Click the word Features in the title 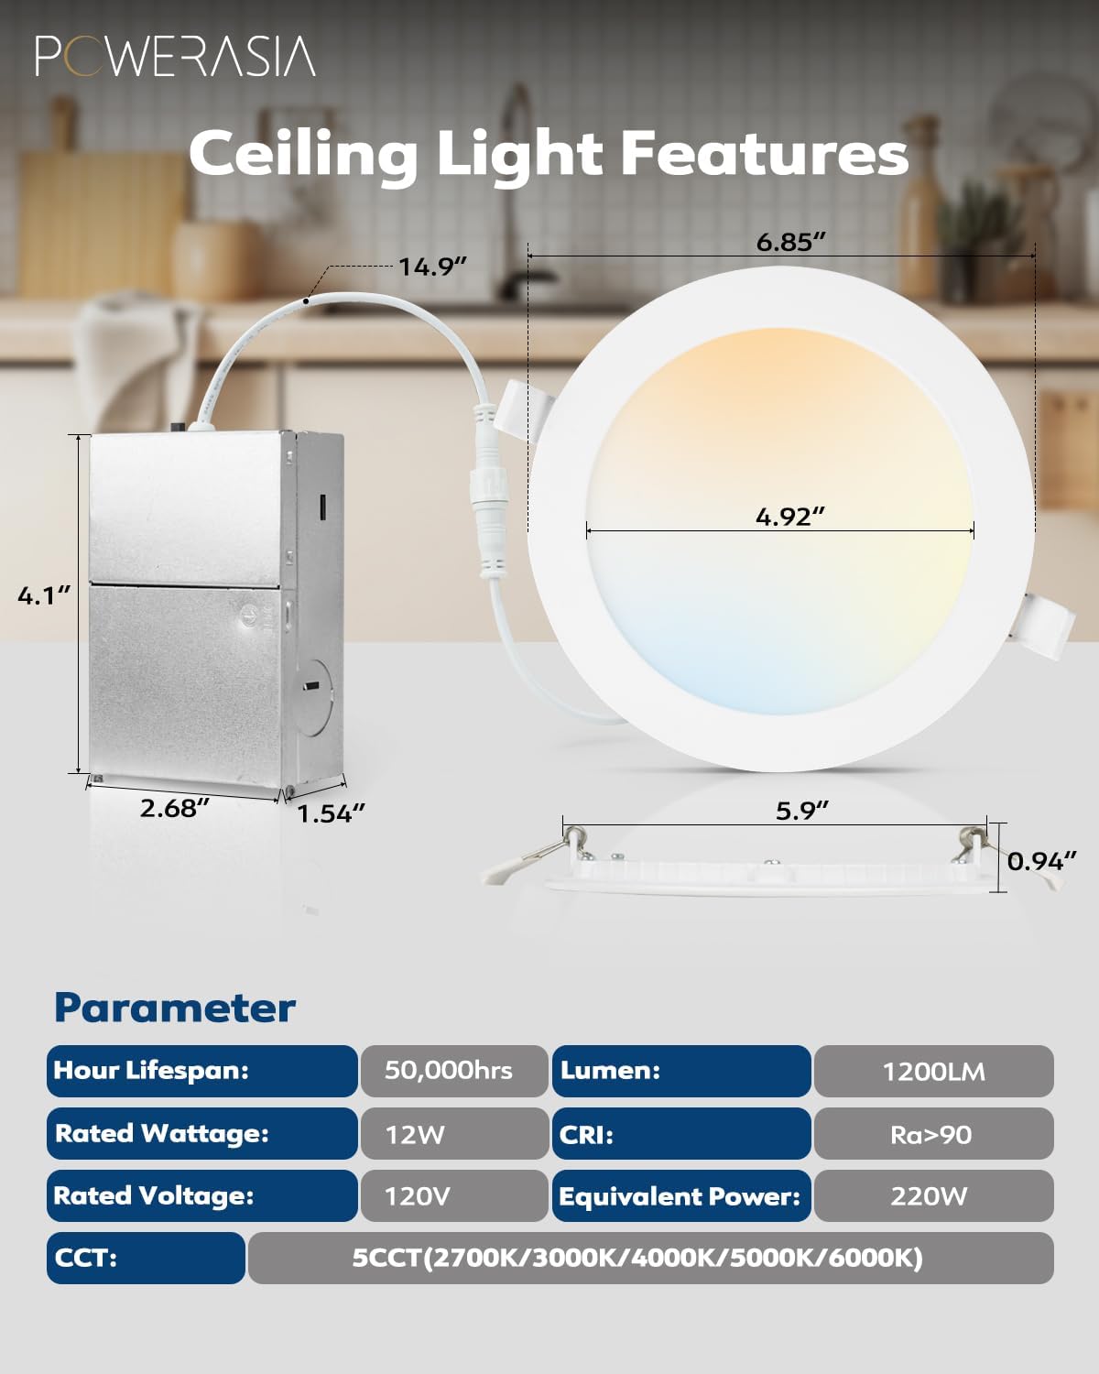[x=765, y=153]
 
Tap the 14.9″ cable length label [x=432, y=267]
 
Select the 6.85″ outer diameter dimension [x=790, y=242]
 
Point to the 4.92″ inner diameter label [x=789, y=517]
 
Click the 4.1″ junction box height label [x=44, y=595]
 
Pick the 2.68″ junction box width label [x=174, y=808]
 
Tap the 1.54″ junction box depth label [x=331, y=813]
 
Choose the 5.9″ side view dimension [x=801, y=811]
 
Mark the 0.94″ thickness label [x=1041, y=861]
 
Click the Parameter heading [x=175, y=1008]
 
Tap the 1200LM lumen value [x=933, y=1072]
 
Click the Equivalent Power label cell [x=680, y=1196]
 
